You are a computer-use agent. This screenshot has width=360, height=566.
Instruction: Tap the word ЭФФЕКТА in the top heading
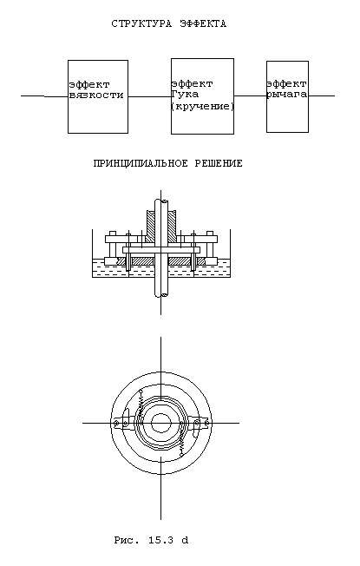click(x=203, y=23)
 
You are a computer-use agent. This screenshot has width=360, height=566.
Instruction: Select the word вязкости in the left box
click(x=96, y=95)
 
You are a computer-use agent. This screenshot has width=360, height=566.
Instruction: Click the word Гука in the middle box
click(x=185, y=95)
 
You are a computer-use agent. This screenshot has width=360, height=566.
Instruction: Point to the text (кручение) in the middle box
click(x=202, y=107)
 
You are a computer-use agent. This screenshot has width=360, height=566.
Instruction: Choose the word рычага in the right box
click(x=287, y=95)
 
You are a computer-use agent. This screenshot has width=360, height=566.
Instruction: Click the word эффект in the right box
click(x=287, y=84)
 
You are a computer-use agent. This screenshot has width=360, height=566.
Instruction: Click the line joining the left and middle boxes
click(x=149, y=96)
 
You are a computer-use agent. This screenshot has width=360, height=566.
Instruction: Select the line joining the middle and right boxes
click(x=250, y=96)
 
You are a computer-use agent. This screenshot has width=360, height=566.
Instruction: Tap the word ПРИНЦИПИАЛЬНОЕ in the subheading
click(x=141, y=163)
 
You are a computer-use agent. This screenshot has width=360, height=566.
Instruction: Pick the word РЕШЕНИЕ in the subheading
click(x=219, y=163)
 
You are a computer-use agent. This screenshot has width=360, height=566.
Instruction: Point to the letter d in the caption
click(x=185, y=540)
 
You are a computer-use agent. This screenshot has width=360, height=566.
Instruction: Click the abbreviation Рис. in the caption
click(x=127, y=540)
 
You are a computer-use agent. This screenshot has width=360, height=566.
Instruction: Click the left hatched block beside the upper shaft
click(x=150, y=227)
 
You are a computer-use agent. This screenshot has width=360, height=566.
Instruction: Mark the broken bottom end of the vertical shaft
click(x=161, y=294)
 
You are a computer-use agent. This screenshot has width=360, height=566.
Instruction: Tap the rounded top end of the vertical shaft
click(x=161, y=201)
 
